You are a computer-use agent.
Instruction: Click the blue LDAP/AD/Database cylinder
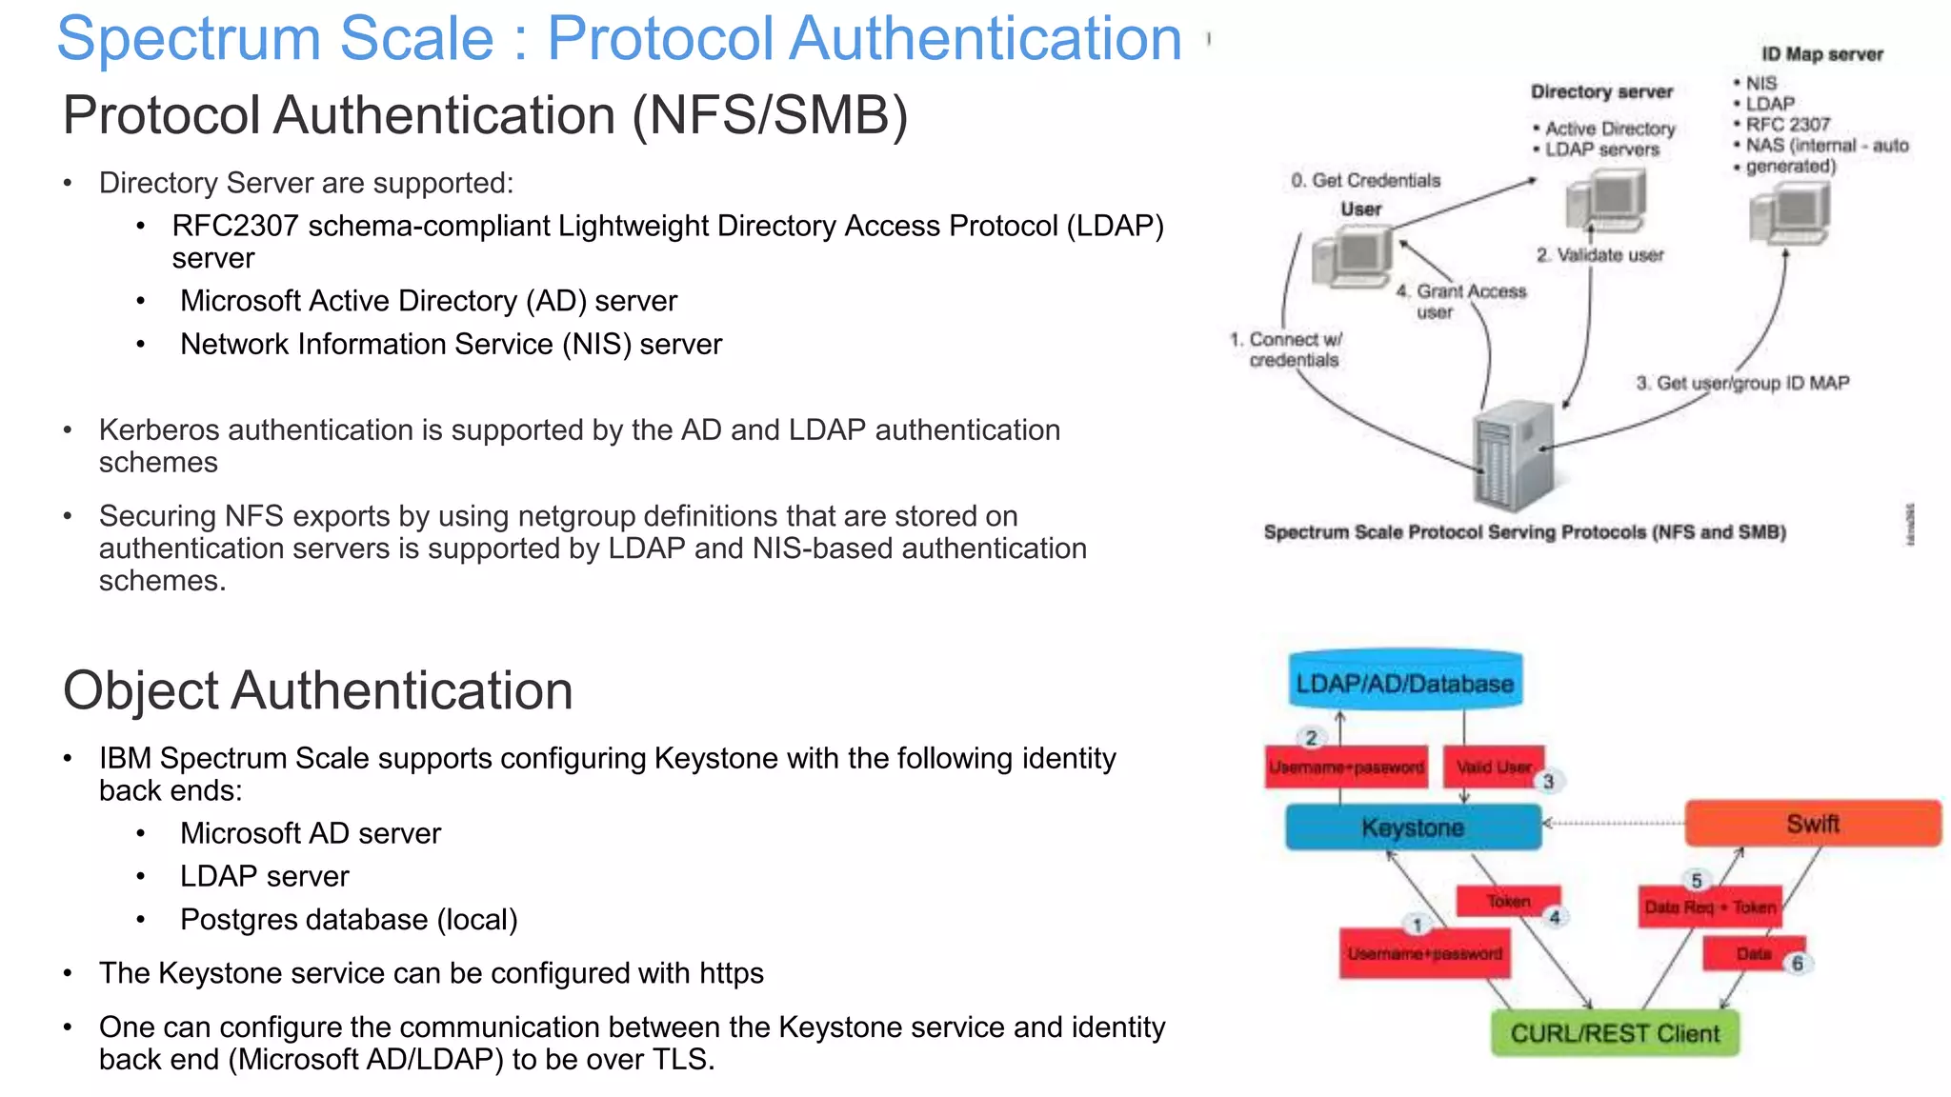click(x=1404, y=682)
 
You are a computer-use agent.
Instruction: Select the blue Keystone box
click(x=1412, y=827)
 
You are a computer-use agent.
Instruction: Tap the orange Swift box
click(x=1812, y=824)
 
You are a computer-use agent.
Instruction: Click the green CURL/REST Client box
click(x=1615, y=1033)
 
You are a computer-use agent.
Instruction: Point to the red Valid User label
click(x=1492, y=767)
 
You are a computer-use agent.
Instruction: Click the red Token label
click(x=1508, y=901)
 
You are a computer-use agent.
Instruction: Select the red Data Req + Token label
click(x=1710, y=908)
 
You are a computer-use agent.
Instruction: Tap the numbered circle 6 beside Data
click(x=1798, y=964)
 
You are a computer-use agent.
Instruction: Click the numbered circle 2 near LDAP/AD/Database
click(x=1312, y=738)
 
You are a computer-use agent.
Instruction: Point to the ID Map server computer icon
click(x=1790, y=214)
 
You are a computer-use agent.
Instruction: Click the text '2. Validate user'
click(x=1599, y=255)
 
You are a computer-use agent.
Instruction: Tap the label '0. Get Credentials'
click(x=1365, y=181)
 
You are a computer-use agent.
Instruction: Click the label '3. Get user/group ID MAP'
click(x=1742, y=383)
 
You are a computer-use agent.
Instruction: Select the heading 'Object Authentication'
click(x=317, y=690)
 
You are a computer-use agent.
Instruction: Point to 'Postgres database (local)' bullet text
click(x=349, y=920)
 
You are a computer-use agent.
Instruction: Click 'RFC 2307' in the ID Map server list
click(x=1787, y=125)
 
